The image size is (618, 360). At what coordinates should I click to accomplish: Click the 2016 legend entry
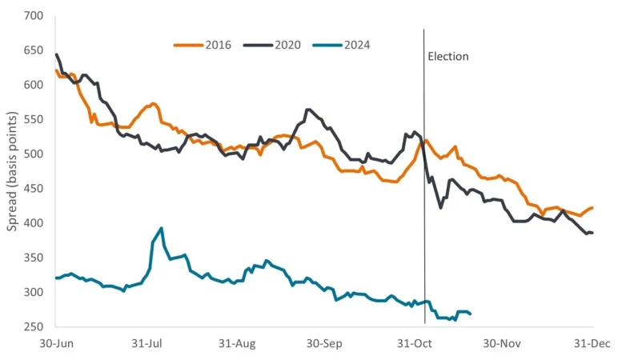tap(203, 45)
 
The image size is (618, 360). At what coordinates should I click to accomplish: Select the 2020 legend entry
tap(271, 45)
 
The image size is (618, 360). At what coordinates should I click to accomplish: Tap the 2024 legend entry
tap(342, 45)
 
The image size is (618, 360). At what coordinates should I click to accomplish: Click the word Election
tap(448, 57)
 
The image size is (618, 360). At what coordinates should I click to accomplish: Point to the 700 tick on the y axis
tap(34, 16)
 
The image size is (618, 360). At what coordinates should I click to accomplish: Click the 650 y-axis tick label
tap(34, 50)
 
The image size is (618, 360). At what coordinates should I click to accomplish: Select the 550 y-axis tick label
tap(34, 119)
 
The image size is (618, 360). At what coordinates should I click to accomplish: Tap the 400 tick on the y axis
tap(34, 223)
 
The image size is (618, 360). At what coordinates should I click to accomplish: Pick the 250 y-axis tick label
tap(34, 326)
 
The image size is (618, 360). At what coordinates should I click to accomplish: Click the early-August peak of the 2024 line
tap(162, 228)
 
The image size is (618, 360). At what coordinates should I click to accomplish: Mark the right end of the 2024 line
tap(470, 314)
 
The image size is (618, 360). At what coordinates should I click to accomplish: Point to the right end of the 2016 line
tap(592, 208)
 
